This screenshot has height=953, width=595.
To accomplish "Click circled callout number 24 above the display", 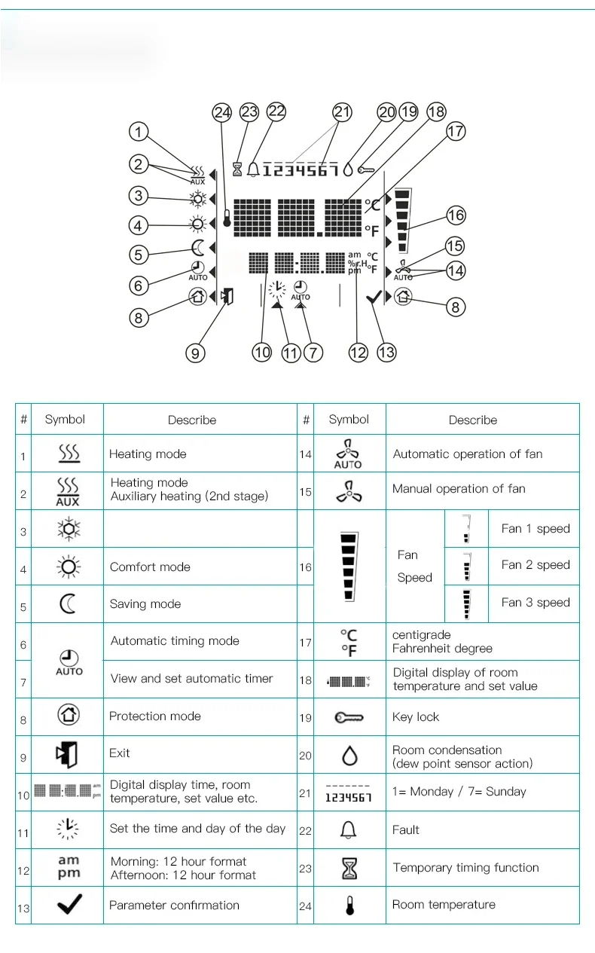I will coord(221,113).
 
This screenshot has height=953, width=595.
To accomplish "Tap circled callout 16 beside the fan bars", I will coord(456,215).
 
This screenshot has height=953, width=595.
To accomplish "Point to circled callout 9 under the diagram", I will coord(196,352).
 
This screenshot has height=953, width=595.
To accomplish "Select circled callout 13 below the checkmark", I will coord(386,352).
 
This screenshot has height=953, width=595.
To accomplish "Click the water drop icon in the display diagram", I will coord(347,170).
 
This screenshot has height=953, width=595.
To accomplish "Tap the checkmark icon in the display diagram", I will coord(373,298).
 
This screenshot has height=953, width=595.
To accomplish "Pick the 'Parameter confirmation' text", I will coord(174,906).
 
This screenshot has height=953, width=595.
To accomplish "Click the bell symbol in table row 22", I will coord(349,830).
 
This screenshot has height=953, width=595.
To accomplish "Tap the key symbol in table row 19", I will coord(349,717).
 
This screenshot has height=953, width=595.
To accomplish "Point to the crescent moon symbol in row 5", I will coord(69,604).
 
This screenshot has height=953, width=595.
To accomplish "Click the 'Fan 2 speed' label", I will coord(535,565).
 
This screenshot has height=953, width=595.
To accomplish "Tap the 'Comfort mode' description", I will coord(150,567).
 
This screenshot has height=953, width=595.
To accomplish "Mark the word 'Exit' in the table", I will coord(120,753).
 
